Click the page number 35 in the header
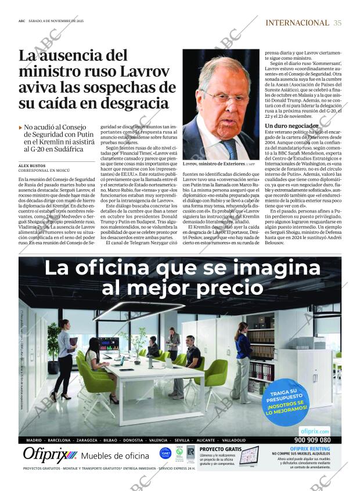pos(338,23)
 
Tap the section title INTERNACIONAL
pos(297,23)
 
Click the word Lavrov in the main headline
pos(141,72)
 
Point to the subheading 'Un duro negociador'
pos(291,125)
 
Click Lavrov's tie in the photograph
pos(231,148)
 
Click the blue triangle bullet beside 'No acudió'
pos(21,127)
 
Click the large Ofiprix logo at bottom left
pos(50,454)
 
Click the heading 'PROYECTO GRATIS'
pos(220,449)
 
